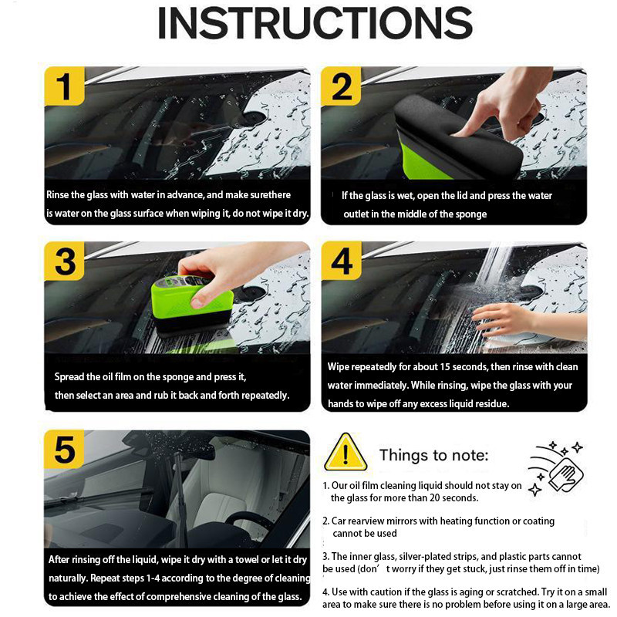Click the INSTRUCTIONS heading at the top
[x=315, y=23]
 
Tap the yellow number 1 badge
[x=64, y=86]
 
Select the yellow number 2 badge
[x=341, y=86]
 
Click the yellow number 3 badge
[x=64, y=261]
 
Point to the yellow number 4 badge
[x=341, y=261]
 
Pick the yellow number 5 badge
[x=64, y=449]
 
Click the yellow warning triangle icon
[x=346, y=452]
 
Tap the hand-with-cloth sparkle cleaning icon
[x=555, y=468]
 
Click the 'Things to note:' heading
[x=433, y=455]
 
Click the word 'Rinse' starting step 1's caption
[x=57, y=195]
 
